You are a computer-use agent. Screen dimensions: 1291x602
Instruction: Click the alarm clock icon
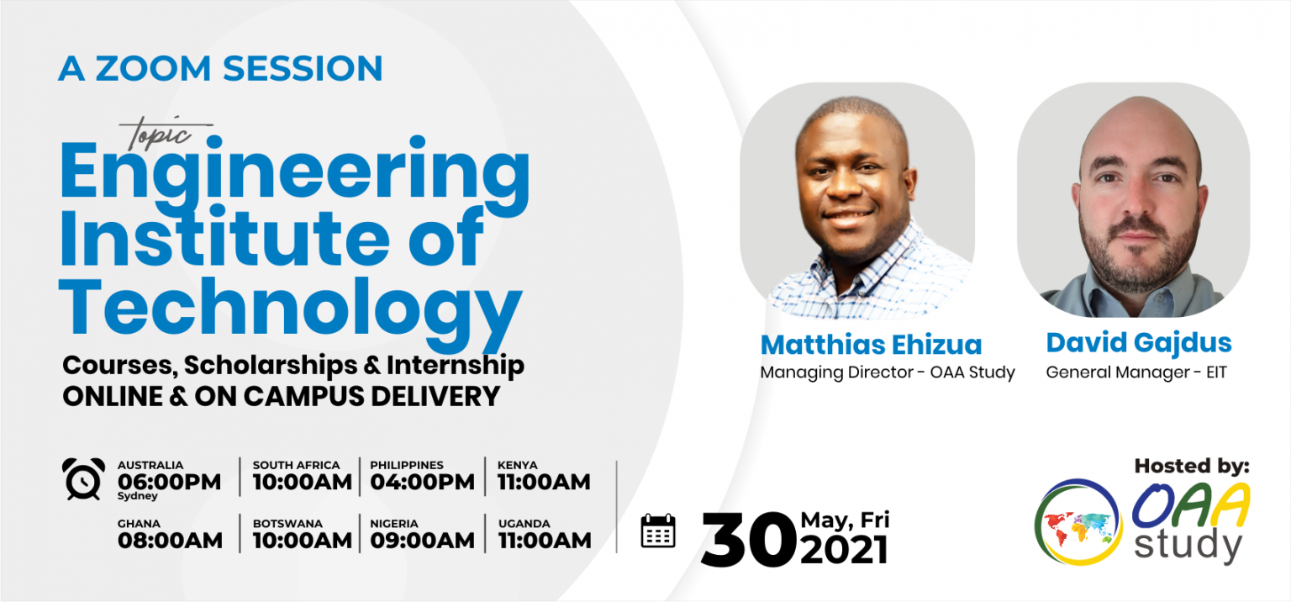coord(83,478)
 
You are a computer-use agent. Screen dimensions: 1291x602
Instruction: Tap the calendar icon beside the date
coord(657,531)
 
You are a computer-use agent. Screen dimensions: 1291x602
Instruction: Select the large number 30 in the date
coord(748,540)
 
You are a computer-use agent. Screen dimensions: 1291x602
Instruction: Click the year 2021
coord(844,550)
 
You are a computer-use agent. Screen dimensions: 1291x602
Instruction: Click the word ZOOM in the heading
coord(153,69)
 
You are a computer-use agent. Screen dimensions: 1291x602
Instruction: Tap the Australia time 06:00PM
coord(170,482)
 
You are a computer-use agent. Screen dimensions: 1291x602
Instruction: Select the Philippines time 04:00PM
coord(423,482)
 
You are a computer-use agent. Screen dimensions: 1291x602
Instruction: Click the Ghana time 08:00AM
coord(170,541)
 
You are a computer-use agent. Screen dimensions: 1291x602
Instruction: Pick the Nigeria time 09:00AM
coord(423,541)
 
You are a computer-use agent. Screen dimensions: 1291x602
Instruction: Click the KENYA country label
coord(518,465)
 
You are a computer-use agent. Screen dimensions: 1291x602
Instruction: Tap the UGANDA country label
coord(524,524)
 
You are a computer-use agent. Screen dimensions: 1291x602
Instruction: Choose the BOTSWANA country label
coord(287,524)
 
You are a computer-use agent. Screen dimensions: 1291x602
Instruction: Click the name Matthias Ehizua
coord(871,345)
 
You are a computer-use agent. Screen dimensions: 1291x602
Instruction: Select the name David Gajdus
coord(1139,343)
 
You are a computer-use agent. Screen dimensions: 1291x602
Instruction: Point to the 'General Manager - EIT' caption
coord(1136,372)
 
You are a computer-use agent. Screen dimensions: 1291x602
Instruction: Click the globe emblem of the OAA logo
coord(1078,522)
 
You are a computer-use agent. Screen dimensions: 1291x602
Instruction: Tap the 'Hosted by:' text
coord(1192,466)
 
